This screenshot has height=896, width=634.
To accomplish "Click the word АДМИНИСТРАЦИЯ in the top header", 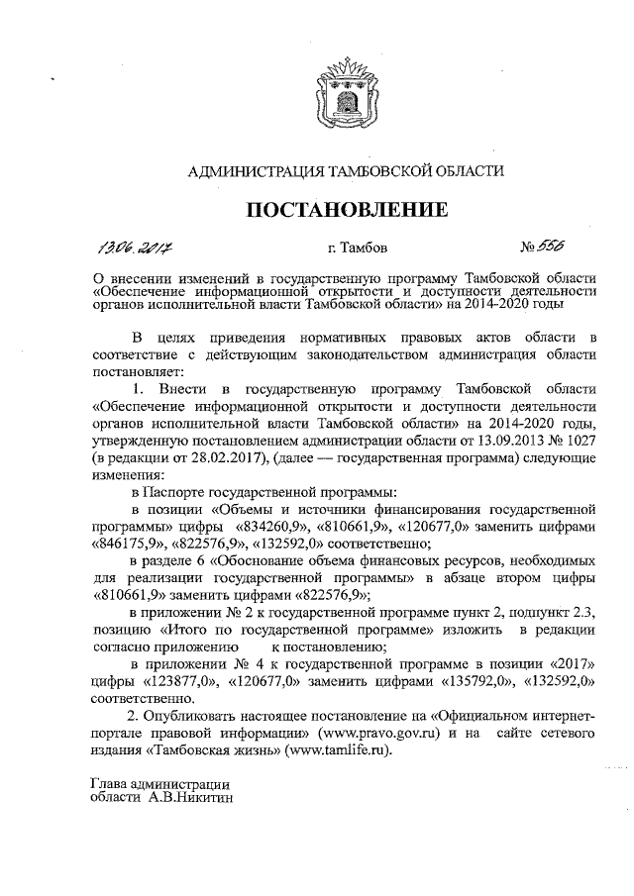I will point(253,170).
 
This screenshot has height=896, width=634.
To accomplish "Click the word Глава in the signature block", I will point(111,783).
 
